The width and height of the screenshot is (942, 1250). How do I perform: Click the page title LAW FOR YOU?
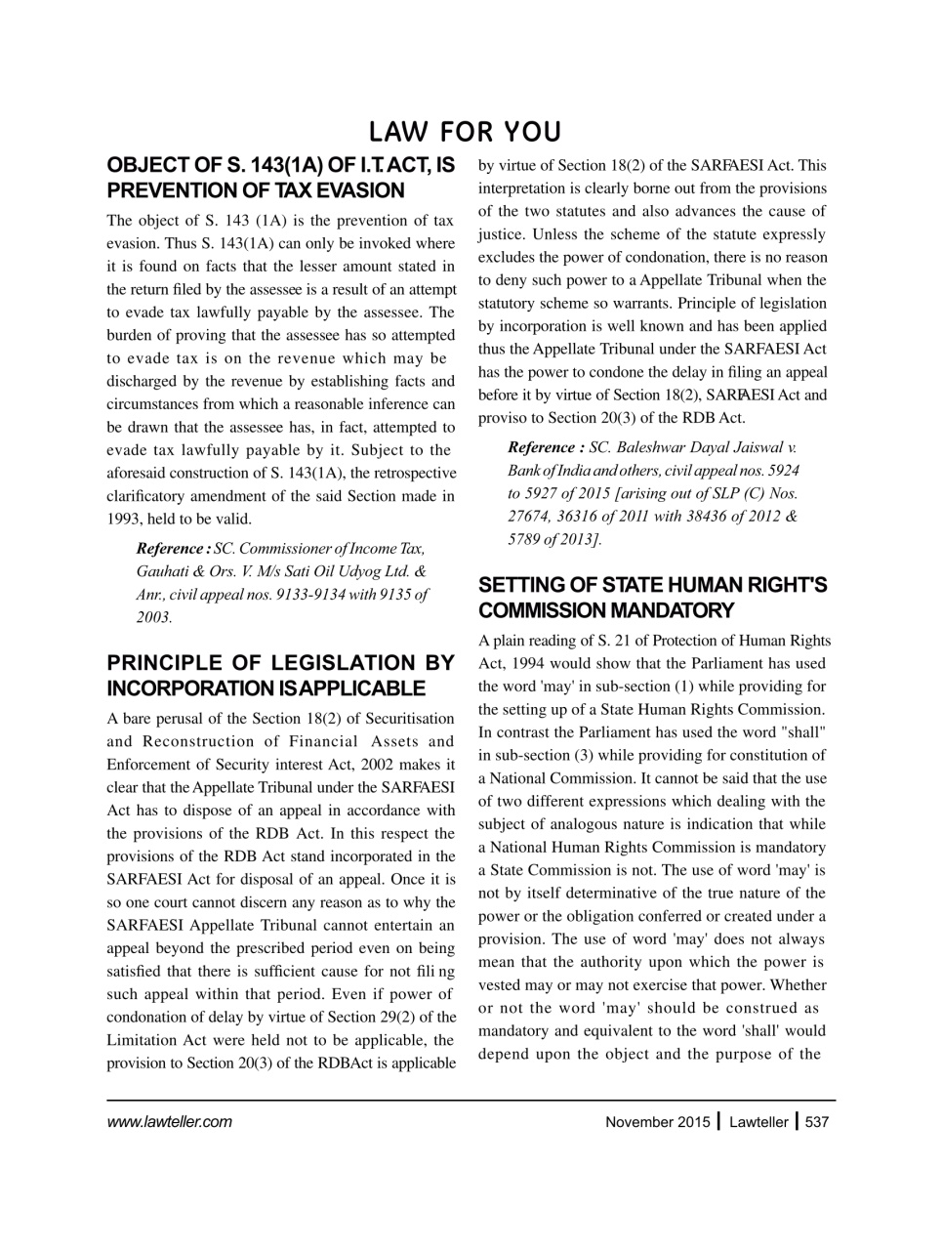pos(465,132)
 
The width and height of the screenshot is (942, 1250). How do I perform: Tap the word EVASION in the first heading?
pos(355,190)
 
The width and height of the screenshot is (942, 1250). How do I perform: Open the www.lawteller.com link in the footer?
pos(169,1122)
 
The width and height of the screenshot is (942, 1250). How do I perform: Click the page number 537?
pos(816,1122)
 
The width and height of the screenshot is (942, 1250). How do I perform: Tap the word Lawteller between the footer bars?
pos(758,1122)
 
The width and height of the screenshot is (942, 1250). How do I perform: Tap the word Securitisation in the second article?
pos(412,719)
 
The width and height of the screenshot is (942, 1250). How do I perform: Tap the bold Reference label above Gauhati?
pos(173,549)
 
